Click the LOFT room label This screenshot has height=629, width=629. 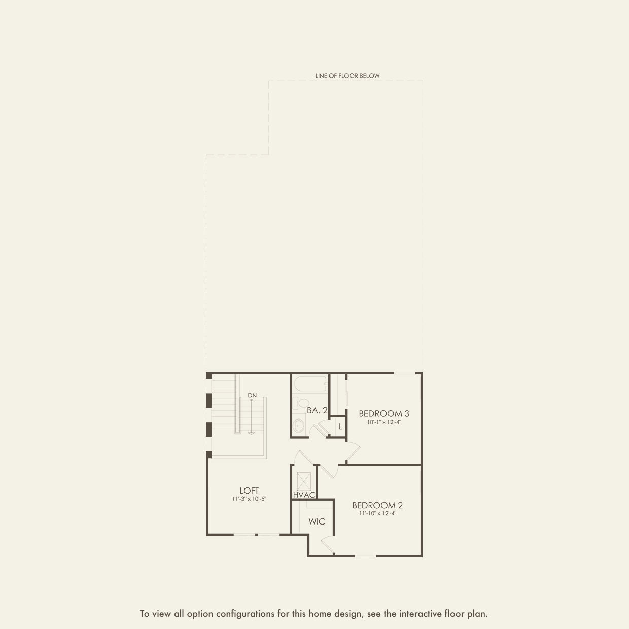pos(249,491)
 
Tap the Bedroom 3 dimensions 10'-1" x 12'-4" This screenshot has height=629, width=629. pos(384,422)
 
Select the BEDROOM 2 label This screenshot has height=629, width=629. pos(377,506)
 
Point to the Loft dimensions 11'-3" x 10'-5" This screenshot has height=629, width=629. pos(250,499)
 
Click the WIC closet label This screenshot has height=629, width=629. pos(317,521)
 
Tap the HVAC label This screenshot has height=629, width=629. pos(304,495)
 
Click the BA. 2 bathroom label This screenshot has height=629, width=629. pos(317,411)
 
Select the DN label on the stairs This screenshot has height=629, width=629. pos(252,395)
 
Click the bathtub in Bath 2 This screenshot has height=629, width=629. pos(310,384)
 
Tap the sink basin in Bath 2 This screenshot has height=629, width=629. pos(298,425)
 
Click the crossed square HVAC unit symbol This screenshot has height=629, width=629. pos(303,482)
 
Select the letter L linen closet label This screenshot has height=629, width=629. pos(340,426)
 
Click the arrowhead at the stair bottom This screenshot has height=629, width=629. pos(251,433)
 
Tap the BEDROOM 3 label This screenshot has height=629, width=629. pos(384,414)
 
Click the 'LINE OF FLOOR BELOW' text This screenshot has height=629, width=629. pos(347,76)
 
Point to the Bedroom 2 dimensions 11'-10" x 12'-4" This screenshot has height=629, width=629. pos(378,513)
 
